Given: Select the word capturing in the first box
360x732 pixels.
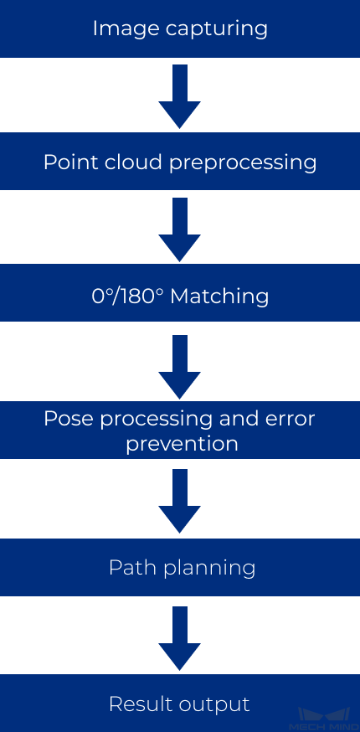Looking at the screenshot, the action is (217, 29).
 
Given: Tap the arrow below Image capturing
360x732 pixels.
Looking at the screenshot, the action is (180, 96).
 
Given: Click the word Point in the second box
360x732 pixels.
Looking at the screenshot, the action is (70, 162).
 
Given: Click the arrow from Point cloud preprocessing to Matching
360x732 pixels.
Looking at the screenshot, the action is (180, 229).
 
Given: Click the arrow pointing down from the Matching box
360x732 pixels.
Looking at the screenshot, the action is (180, 367).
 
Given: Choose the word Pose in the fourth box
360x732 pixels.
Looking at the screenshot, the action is (69, 419).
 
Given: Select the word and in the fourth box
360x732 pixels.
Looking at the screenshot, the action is (242, 419).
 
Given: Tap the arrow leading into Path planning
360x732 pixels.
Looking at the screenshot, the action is (180, 501).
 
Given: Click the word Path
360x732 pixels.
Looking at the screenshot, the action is (129, 568).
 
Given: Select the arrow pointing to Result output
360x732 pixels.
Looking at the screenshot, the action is (180, 638).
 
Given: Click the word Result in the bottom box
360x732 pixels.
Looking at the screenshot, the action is (136, 704).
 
